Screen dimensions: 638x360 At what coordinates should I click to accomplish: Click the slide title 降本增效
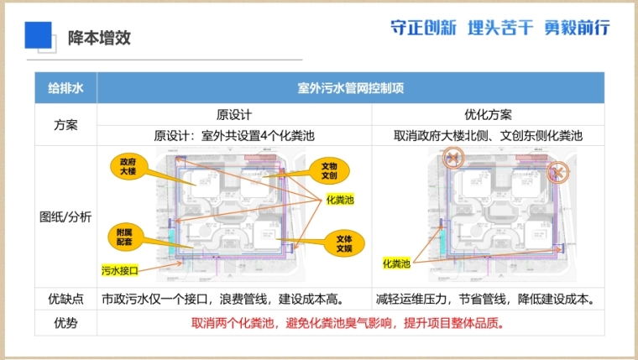click(x=99, y=38)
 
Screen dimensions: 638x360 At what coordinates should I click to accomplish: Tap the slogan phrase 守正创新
click(x=423, y=28)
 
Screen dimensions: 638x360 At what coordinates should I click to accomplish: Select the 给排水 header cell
click(x=65, y=88)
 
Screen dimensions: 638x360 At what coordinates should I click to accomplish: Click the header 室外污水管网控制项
click(x=350, y=88)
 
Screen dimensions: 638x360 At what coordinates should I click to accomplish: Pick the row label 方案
click(x=65, y=124)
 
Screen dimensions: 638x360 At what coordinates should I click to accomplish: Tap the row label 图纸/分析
click(x=65, y=216)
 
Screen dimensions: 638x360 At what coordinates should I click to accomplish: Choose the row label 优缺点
click(x=65, y=299)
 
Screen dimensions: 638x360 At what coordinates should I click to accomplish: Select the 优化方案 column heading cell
click(x=488, y=114)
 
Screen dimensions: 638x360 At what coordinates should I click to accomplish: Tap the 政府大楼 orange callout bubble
click(x=128, y=165)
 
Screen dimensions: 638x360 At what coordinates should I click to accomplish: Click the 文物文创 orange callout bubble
click(x=328, y=170)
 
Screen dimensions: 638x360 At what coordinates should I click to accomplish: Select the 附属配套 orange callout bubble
click(x=125, y=237)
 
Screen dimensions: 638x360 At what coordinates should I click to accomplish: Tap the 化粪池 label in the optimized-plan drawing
click(x=396, y=263)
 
